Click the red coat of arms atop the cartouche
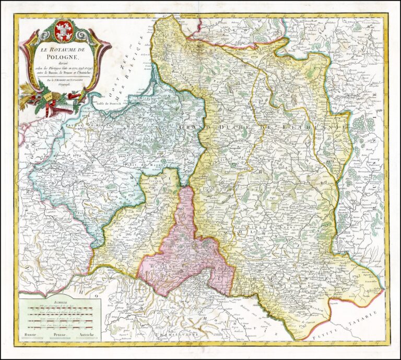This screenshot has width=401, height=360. pyautogui.click(x=63, y=32)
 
